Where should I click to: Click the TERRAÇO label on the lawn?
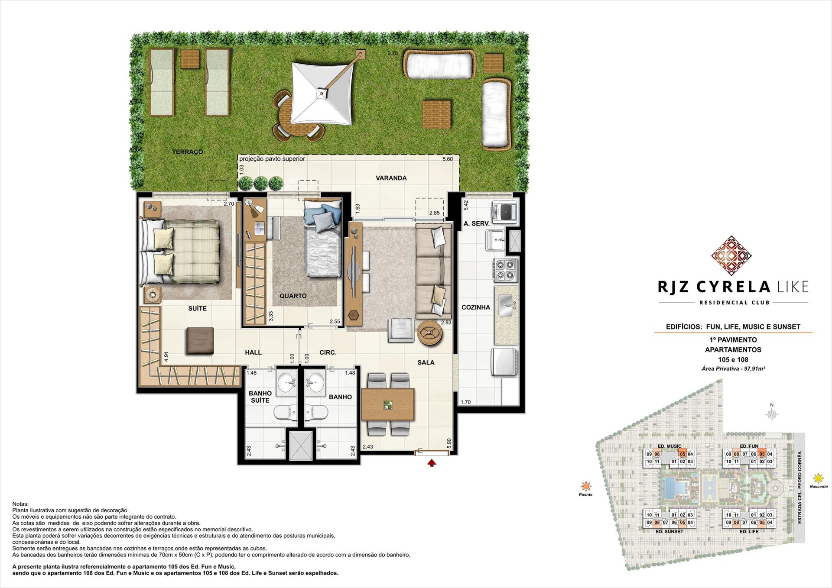click(x=188, y=152)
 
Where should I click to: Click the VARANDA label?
click(x=391, y=178)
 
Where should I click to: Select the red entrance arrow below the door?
click(x=432, y=463)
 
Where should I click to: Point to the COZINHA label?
click(x=476, y=307)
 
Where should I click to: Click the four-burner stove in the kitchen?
click(x=505, y=269)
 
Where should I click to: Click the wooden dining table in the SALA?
click(x=387, y=405)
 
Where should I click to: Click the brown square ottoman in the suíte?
click(x=200, y=341)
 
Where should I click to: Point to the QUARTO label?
click(x=293, y=296)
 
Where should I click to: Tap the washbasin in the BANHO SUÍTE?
click(x=286, y=383)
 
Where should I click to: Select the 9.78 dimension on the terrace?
click(x=392, y=53)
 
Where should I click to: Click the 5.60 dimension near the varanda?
click(x=447, y=159)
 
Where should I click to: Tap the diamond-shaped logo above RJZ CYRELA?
click(x=731, y=256)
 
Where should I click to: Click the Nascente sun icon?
click(x=818, y=478)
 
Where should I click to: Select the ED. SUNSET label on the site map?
click(x=670, y=531)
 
